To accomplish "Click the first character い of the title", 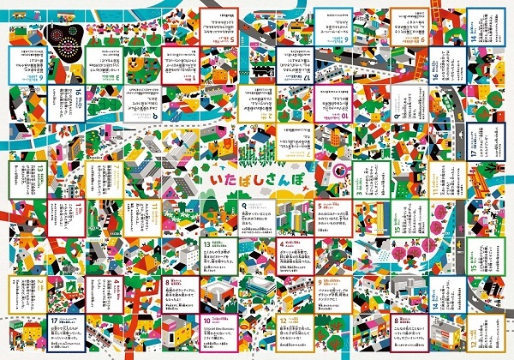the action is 216,182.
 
